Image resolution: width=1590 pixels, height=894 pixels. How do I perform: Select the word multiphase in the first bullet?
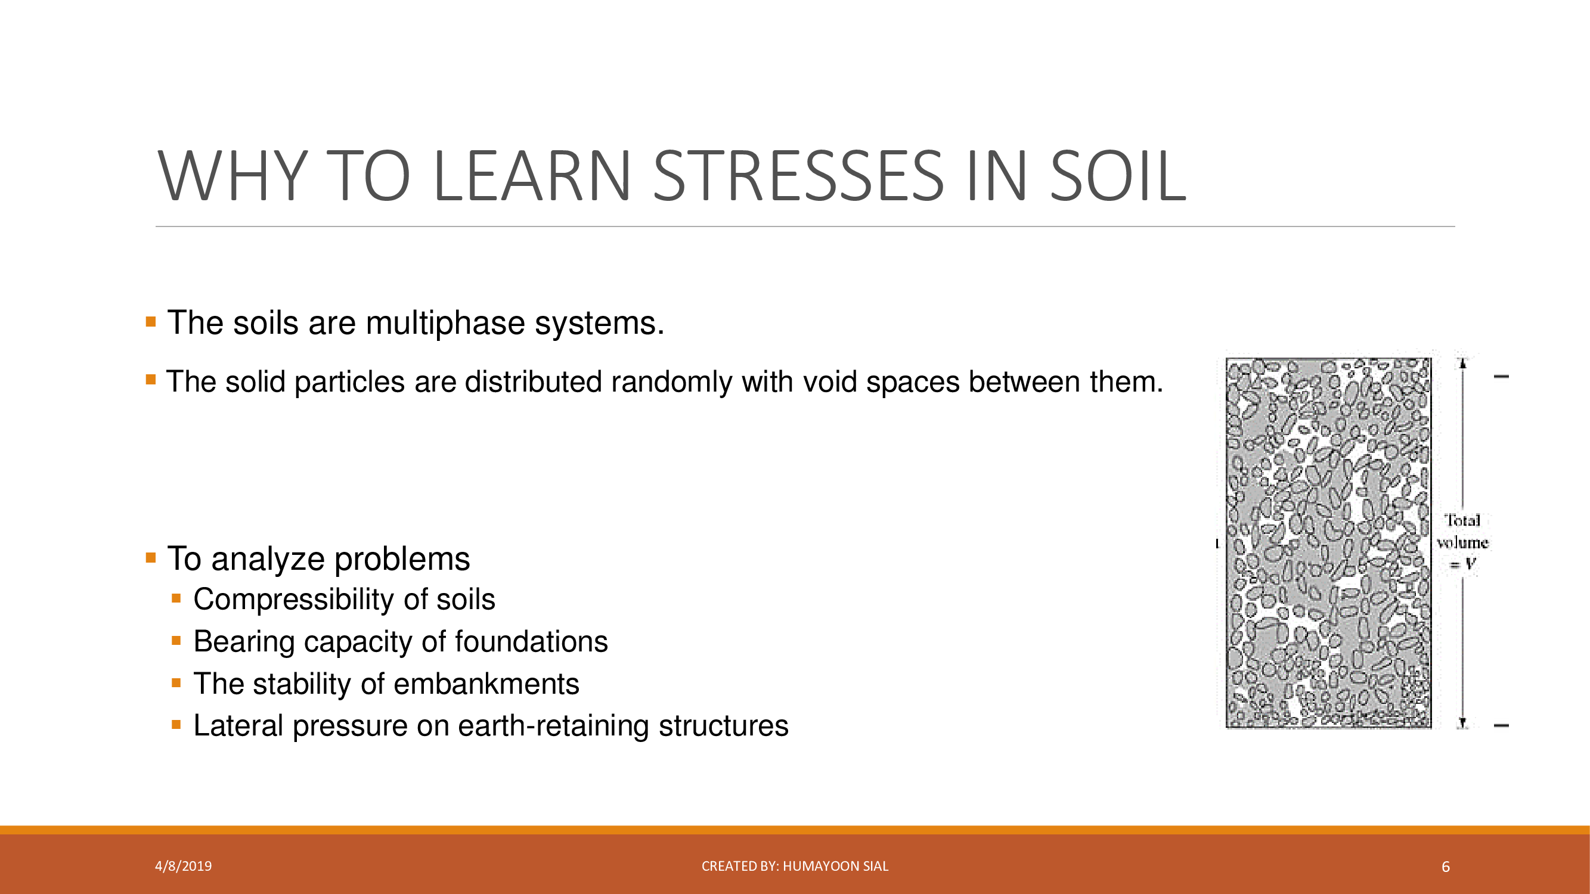445,323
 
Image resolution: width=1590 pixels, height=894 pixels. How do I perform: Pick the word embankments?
486,684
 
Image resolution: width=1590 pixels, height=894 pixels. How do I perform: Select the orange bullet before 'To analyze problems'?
151,558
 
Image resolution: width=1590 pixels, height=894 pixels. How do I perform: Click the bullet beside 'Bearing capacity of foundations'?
176,641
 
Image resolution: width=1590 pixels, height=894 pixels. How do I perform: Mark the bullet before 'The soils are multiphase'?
151,321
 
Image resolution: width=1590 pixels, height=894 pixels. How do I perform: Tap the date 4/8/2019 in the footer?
183,866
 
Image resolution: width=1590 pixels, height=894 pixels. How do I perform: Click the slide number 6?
1446,867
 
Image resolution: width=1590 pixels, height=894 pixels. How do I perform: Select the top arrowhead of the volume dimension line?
1462,363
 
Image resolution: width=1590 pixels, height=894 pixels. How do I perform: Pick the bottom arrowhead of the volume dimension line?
1462,723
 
